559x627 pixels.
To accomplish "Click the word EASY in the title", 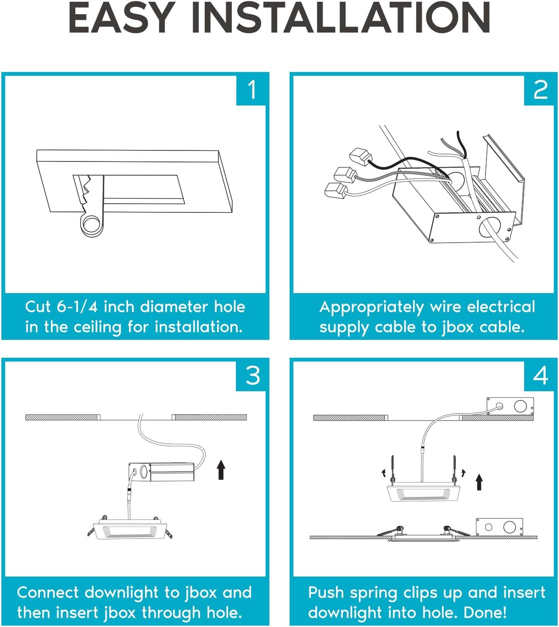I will pyautogui.click(x=121, y=18).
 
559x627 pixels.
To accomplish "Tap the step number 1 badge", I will pyautogui.click(x=252, y=90).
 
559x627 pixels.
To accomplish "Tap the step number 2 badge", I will pyautogui.click(x=540, y=90).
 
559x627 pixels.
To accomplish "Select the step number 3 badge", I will pyautogui.click(x=252, y=376).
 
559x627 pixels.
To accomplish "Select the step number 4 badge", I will pyautogui.click(x=540, y=376).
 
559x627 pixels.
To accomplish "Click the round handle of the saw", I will pyautogui.click(x=91, y=224).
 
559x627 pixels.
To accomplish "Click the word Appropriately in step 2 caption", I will pyautogui.click(x=371, y=307).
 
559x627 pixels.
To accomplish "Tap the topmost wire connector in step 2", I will pyautogui.click(x=360, y=157).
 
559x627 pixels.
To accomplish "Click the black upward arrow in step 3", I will pyautogui.click(x=221, y=470).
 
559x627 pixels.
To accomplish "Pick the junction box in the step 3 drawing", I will pyautogui.click(x=161, y=472).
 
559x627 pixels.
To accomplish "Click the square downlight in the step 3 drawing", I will pyautogui.click(x=129, y=530).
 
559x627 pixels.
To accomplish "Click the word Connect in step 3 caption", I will pyautogui.click(x=48, y=592).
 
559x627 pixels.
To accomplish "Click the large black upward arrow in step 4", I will pyautogui.click(x=479, y=482).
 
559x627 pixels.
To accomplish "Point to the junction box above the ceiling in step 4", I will pyautogui.click(x=510, y=406).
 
